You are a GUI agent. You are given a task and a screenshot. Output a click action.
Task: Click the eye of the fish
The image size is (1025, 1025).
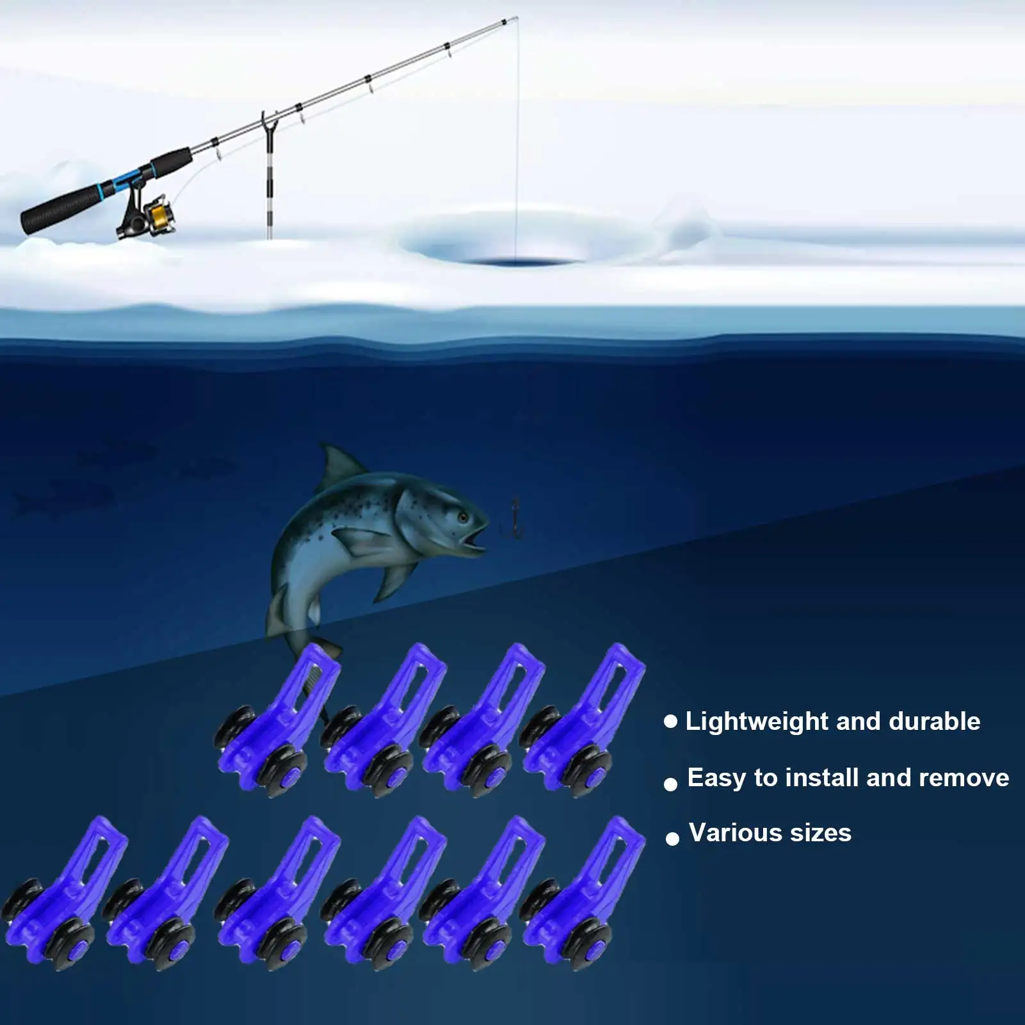tap(462, 516)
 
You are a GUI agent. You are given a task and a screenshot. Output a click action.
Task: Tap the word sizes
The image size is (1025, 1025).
tap(821, 834)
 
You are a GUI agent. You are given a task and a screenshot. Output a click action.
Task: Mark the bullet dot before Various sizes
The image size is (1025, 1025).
tap(672, 839)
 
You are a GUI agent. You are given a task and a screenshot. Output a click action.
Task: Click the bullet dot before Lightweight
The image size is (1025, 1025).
tap(670, 722)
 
